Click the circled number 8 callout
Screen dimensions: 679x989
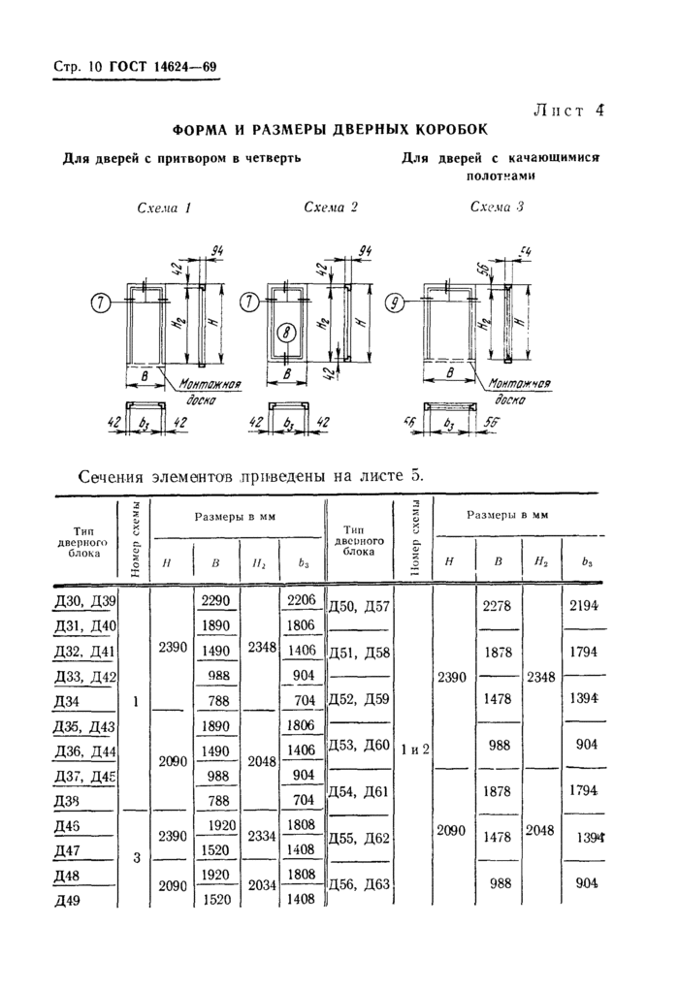point(286,332)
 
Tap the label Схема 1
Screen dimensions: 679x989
point(163,208)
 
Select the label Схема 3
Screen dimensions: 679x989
point(498,207)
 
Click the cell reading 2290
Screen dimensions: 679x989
point(215,600)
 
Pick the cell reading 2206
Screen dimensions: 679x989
point(301,600)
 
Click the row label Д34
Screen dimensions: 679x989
point(67,701)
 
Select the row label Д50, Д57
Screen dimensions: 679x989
point(359,607)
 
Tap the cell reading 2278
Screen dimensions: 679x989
point(498,606)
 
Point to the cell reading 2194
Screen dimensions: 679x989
point(583,605)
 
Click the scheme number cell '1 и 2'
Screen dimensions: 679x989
point(415,750)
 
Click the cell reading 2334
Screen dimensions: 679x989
point(262,836)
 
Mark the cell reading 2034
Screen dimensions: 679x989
point(262,885)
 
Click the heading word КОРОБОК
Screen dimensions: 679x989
point(451,130)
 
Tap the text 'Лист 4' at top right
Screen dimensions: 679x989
point(568,111)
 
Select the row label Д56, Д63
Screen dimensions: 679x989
point(359,884)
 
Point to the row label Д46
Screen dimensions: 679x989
point(67,826)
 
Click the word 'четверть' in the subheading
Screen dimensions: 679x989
point(272,158)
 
